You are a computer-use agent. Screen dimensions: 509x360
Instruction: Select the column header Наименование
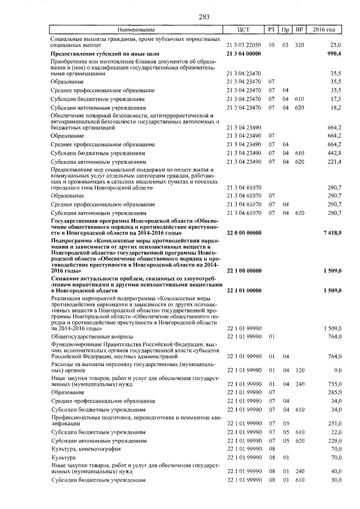tap(135, 29)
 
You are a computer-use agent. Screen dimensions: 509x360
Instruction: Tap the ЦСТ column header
tap(244, 29)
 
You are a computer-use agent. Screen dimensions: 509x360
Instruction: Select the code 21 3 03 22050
tap(244, 44)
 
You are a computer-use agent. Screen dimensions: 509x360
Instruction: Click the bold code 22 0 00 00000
tap(244, 232)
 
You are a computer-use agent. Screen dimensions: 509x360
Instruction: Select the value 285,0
tap(335, 391)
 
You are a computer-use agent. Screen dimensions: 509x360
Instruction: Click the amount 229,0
tap(335, 441)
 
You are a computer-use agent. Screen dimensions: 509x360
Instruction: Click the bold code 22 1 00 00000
tap(244, 271)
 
